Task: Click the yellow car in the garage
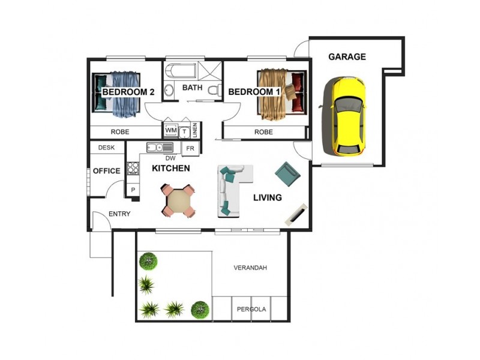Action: [x=344, y=115]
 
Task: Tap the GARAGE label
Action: [x=347, y=57]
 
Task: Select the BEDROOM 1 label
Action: [x=254, y=92]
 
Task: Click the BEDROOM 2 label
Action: [x=128, y=92]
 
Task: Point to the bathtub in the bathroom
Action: [x=182, y=72]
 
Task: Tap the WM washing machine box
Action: [x=170, y=130]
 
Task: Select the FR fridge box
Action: [x=190, y=148]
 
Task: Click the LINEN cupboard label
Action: [x=196, y=130]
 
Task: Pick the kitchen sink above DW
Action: [x=160, y=147]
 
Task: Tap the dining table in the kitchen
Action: [x=179, y=200]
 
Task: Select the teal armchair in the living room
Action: [x=288, y=173]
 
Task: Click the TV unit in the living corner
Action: [x=296, y=214]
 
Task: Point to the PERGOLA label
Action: [x=251, y=310]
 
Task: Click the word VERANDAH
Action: [x=250, y=268]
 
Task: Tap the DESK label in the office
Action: [x=106, y=147]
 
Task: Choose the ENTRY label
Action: [x=119, y=214]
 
